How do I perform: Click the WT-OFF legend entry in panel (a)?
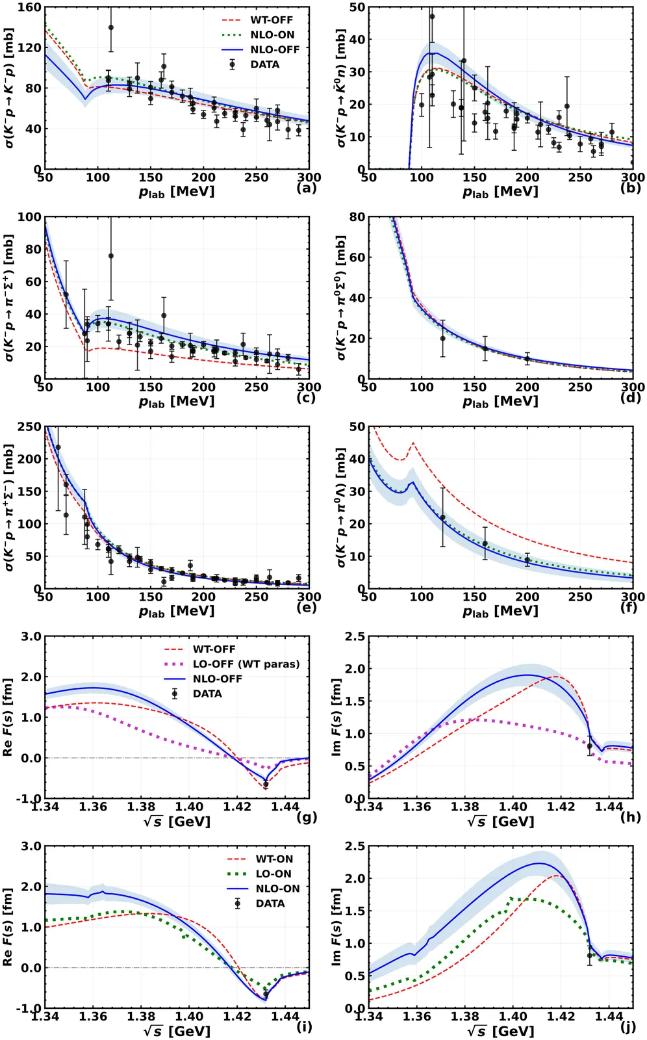tap(271, 20)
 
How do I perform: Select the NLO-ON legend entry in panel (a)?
tap(272, 35)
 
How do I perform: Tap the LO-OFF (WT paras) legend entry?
tap(246, 664)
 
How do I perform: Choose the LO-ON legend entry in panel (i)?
tap(273, 874)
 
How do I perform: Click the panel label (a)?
tap(306, 188)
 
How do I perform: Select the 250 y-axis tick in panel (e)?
tap(29, 427)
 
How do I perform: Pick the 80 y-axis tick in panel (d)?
tap(357, 217)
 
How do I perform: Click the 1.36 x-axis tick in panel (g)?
tap(93, 807)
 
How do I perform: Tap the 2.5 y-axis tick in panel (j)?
tap(355, 846)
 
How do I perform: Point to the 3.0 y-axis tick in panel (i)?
tap(31, 846)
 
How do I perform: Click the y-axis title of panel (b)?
tap(341, 88)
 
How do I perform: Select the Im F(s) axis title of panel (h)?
tap(336, 717)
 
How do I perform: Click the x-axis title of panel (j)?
tap(500, 1031)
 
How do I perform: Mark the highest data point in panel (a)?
tap(111, 28)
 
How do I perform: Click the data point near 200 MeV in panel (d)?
tap(527, 359)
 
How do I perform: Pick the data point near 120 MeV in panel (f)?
tap(443, 518)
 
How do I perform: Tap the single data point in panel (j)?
tap(590, 955)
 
